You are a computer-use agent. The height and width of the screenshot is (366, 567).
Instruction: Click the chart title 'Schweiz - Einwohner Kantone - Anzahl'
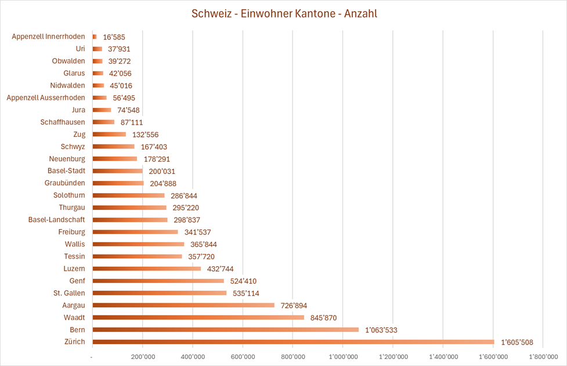tap(284, 13)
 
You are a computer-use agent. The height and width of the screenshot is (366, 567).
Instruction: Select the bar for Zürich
tap(293, 342)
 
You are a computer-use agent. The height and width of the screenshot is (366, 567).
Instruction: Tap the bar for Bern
tap(225, 329)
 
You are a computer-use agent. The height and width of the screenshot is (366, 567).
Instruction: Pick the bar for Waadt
tap(198, 317)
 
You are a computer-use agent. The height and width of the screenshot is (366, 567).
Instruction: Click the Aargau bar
tap(183, 305)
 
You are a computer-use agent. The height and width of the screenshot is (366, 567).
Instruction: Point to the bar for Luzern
tap(146, 269)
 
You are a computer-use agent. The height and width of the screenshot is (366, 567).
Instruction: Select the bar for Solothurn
tap(128, 195)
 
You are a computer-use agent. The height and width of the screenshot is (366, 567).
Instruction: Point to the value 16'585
tap(114, 37)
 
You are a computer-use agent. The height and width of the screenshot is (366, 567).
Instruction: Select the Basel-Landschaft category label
tap(56, 220)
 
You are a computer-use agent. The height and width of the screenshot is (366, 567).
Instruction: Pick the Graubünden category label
tap(65, 183)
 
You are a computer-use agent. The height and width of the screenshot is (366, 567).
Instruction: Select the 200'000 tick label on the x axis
tap(142, 356)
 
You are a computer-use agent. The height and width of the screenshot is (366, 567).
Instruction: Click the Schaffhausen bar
tap(103, 122)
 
